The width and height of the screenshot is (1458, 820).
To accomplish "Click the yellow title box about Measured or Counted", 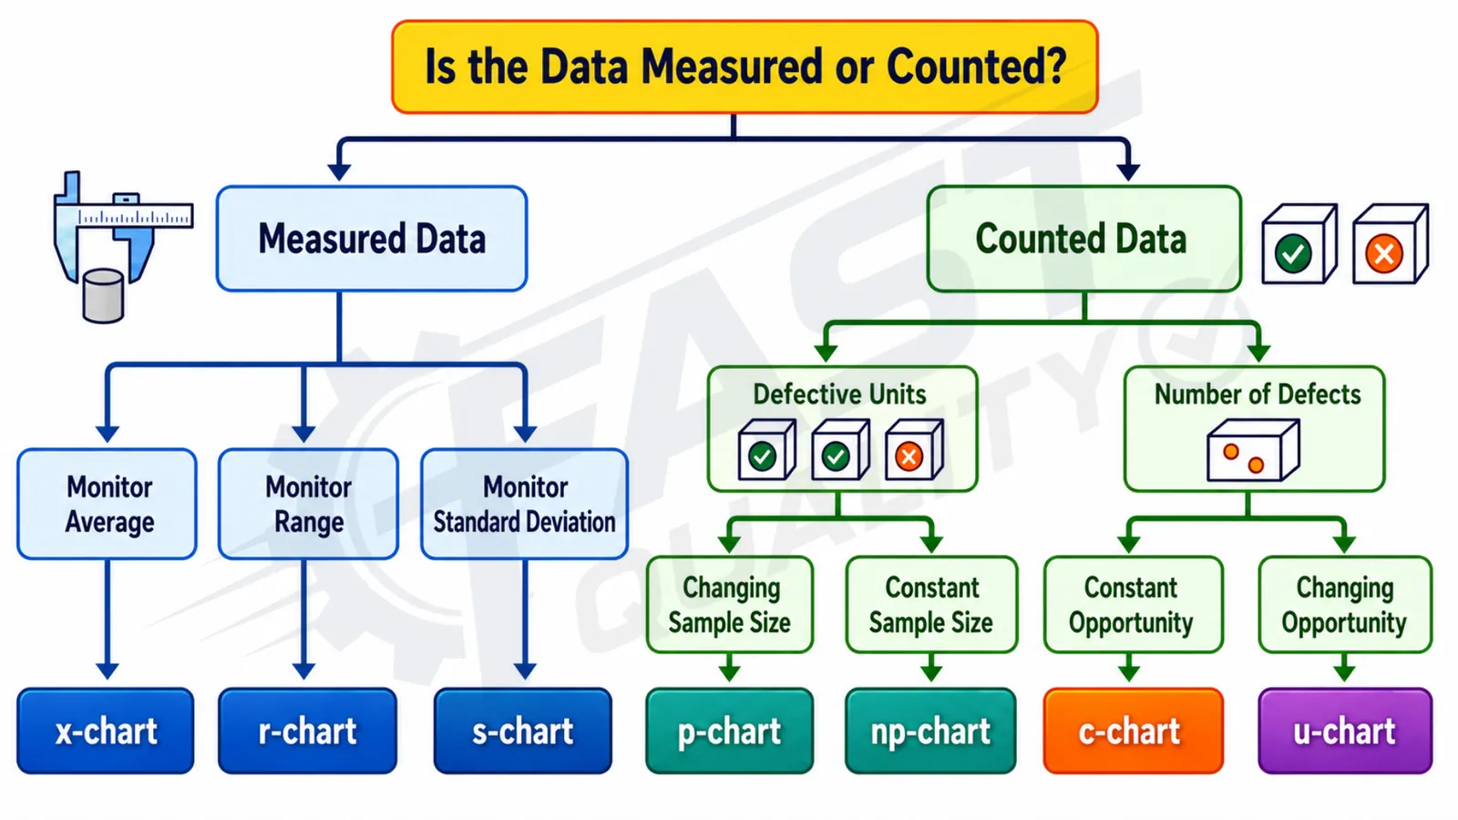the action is (x=744, y=67).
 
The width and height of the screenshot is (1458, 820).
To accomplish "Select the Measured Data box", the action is (x=372, y=238).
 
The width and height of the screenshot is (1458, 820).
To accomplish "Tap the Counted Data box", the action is (x=1084, y=239).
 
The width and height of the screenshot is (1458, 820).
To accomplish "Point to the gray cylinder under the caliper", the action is (x=104, y=296).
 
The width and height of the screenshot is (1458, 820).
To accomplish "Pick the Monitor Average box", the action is (x=108, y=504).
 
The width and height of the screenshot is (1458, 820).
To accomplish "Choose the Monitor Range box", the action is (x=309, y=504).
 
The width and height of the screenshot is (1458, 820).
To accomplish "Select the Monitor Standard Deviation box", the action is (x=525, y=504).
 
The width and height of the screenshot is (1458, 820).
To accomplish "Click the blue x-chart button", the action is (x=106, y=731).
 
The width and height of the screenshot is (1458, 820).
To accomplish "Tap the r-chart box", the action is (x=307, y=731).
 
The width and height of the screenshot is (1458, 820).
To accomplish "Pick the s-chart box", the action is (x=523, y=731).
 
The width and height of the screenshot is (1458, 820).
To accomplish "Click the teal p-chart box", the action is (x=730, y=731).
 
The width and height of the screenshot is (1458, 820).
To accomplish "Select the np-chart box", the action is (x=930, y=731).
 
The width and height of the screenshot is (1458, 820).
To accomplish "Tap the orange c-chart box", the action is (x=1134, y=731).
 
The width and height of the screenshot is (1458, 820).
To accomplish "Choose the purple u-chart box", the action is (x=1345, y=731).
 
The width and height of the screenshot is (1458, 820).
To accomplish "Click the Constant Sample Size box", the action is (x=931, y=605).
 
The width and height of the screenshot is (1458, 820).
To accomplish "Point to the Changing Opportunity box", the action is (x=1345, y=605).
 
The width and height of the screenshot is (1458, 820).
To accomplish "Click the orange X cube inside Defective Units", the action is (x=915, y=450).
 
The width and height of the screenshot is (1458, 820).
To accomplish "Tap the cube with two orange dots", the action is (x=1253, y=450).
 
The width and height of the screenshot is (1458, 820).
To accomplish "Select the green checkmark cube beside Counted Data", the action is (x=1299, y=244).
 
